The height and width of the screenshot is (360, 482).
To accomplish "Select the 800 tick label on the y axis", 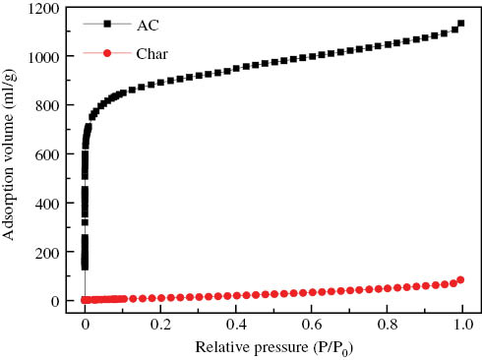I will (x=45, y=106).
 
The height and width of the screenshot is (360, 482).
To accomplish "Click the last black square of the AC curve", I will (x=461, y=24).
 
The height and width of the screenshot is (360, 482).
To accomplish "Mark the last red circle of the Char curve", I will (x=460, y=280).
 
